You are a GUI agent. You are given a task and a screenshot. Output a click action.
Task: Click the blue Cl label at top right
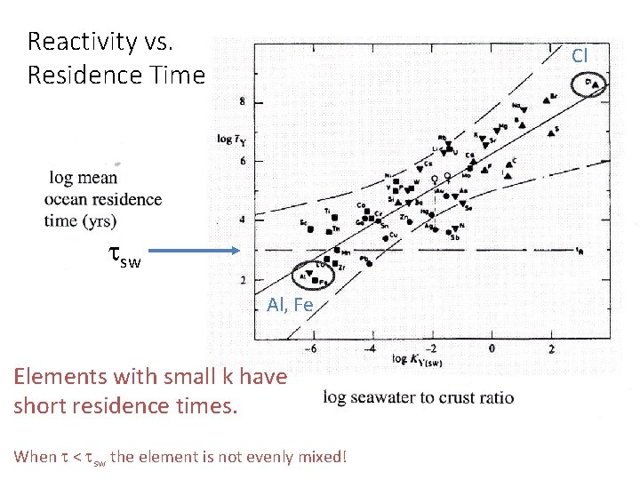tap(580, 55)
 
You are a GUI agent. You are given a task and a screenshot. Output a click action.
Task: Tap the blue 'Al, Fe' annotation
tap(290, 305)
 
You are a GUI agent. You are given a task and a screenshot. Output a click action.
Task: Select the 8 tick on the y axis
tap(242, 103)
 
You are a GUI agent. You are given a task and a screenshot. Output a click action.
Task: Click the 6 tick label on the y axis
tap(242, 161)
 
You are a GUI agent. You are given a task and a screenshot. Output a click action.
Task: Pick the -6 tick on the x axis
tap(311, 348)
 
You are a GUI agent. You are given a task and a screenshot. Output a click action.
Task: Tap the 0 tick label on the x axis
tap(492, 348)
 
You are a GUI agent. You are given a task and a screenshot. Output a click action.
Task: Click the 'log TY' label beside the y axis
tap(232, 139)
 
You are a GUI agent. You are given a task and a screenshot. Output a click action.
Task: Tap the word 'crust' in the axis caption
tap(461, 397)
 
